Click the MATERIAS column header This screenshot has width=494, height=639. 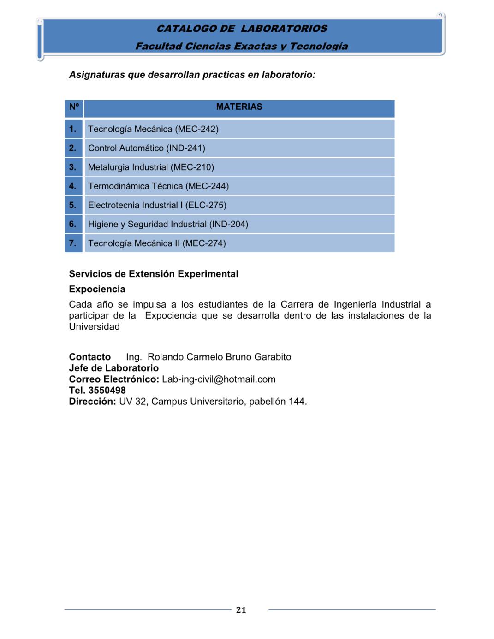[x=239, y=107]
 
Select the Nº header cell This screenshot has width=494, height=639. [x=74, y=107]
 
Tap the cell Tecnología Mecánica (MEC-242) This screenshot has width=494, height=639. [x=153, y=129]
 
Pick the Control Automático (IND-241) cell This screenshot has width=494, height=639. [x=147, y=148]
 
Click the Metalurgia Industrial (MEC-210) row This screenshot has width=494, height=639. [x=151, y=167]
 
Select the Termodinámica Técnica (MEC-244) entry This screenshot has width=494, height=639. [x=158, y=186]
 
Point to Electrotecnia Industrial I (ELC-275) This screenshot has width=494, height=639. [x=157, y=205]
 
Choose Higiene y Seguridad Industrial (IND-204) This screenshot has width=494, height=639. [x=168, y=224]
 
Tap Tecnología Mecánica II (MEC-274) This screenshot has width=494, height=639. [x=157, y=243]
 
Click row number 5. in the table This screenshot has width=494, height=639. [x=73, y=205]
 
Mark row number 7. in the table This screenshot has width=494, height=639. [x=73, y=243]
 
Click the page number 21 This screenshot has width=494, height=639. [x=241, y=610]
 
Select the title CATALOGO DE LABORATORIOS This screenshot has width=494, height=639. [x=242, y=29]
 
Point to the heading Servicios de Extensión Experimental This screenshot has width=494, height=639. [x=154, y=274]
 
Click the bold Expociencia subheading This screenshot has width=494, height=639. [x=97, y=289]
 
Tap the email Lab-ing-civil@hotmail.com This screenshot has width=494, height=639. [x=219, y=379]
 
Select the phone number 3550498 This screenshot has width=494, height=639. [x=107, y=390]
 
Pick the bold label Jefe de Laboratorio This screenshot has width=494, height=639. [x=113, y=368]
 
